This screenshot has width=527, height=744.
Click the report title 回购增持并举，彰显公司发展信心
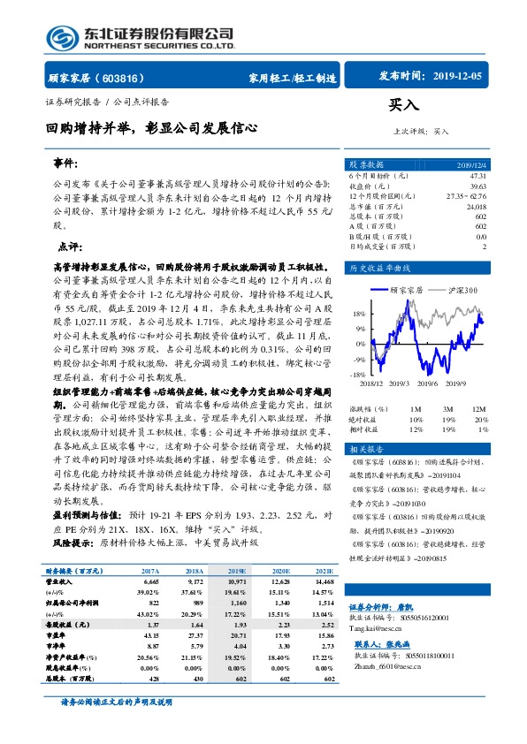click(x=152, y=127)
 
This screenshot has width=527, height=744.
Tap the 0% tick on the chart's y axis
click(x=360, y=344)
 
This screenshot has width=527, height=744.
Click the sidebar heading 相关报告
click(x=366, y=450)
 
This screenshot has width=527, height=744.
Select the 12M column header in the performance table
click(x=478, y=408)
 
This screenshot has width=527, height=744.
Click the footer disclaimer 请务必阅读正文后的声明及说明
click(x=125, y=726)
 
